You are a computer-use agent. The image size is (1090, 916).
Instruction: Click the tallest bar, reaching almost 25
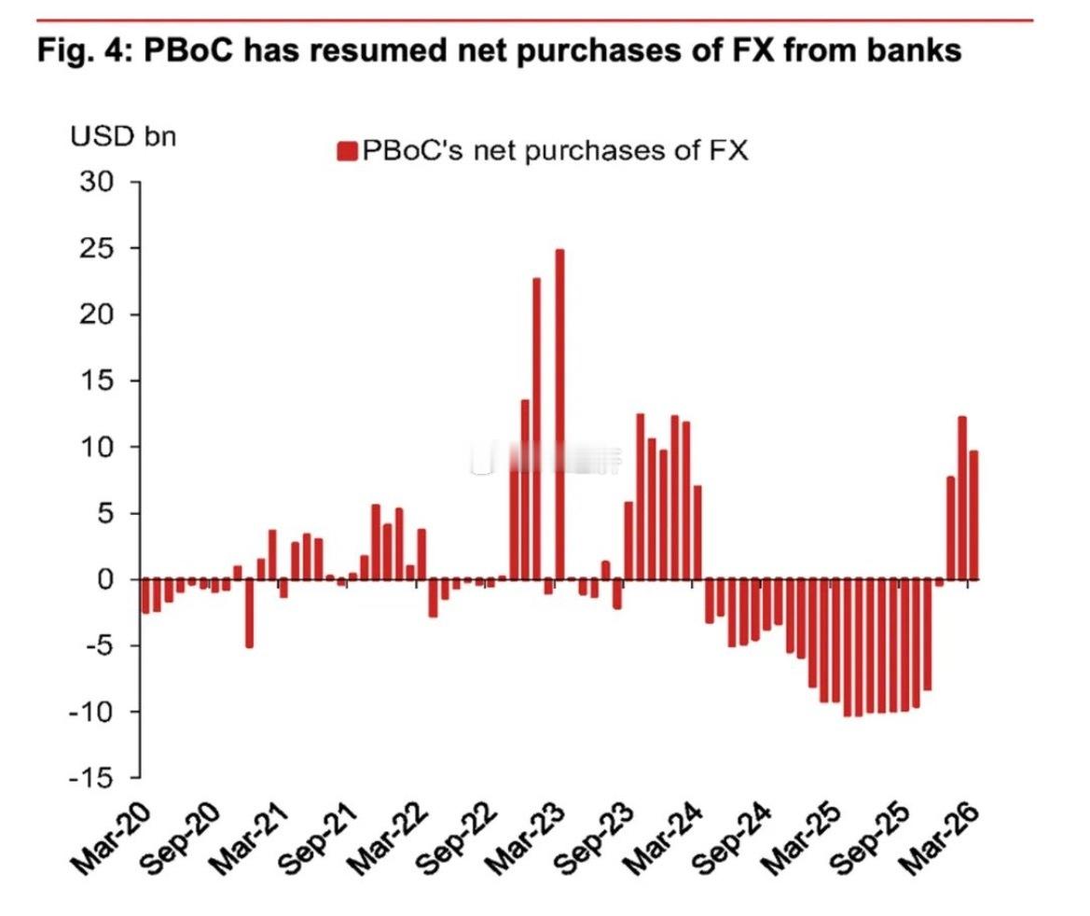click(x=559, y=414)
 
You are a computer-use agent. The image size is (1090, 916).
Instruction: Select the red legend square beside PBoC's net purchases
click(x=347, y=151)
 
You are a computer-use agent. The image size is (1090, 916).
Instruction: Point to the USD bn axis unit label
click(x=122, y=136)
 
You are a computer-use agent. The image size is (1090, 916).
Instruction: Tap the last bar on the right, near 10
click(x=973, y=515)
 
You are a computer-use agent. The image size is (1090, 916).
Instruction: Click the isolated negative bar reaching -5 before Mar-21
click(x=249, y=613)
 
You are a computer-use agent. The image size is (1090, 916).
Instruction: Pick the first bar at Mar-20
click(x=145, y=596)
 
